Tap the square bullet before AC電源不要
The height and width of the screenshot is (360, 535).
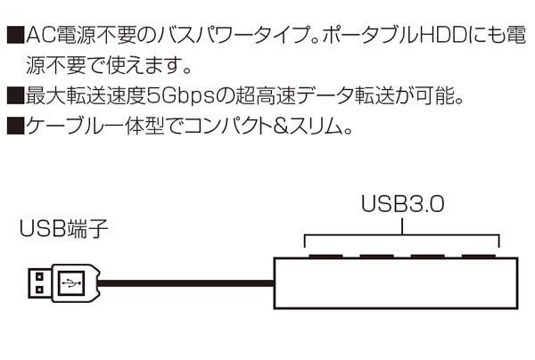(x=13, y=37)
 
